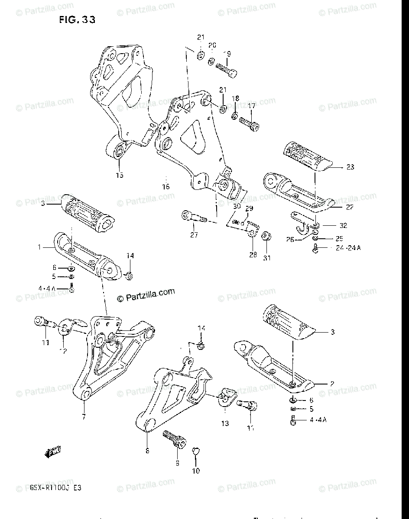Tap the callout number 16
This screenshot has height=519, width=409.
[166, 187]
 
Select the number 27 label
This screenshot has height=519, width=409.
[194, 235]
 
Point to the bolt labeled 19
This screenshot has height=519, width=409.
[227, 70]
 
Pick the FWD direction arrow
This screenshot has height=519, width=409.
[53, 453]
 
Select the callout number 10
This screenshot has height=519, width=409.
[196, 471]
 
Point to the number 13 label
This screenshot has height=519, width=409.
[225, 423]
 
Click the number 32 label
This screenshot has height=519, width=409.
[343, 225]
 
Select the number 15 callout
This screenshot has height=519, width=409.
[119, 175]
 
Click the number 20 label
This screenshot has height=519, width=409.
[212, 45]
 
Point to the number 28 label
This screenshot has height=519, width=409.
[253, 255]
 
